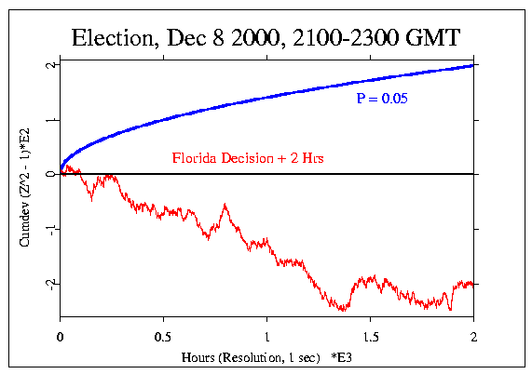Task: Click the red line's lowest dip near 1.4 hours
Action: (344, 310)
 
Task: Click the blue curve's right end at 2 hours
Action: (473, 65)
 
